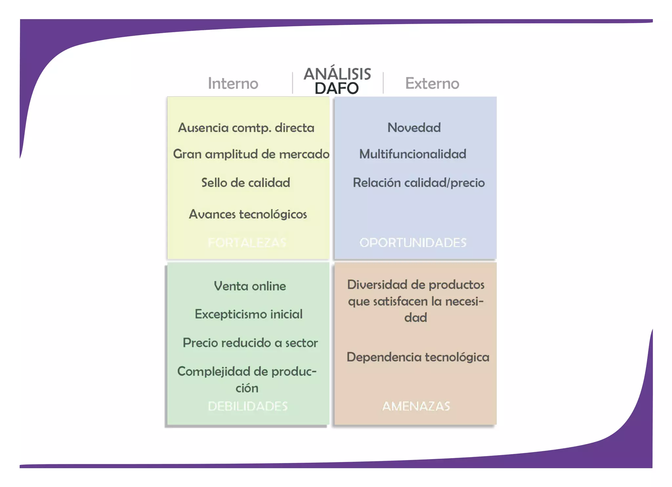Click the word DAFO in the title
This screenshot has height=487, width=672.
(337, 88)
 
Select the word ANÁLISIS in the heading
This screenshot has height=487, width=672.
(337, 74)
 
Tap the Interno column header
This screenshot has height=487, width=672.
(233, 83)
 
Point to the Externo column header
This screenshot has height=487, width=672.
(432, 83)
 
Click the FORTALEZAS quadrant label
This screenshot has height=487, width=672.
(247, 243)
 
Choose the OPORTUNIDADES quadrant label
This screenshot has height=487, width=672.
(413, 243)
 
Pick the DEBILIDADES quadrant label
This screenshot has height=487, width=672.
(248, 406)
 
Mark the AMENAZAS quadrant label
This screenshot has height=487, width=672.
(416, 406)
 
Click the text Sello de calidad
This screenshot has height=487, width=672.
(246, 183)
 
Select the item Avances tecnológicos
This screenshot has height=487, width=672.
(248, 214)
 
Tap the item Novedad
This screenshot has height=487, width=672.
(414, 128)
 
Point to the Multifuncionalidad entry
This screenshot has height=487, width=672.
(413, 154)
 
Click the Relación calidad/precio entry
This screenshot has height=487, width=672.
(419, 183)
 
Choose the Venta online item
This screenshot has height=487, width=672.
(250, 286)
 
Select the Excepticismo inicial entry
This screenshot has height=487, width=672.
(248, 314)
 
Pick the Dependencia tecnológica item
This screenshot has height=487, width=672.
(418, 357)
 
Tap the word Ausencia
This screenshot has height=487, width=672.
(203, 128)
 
